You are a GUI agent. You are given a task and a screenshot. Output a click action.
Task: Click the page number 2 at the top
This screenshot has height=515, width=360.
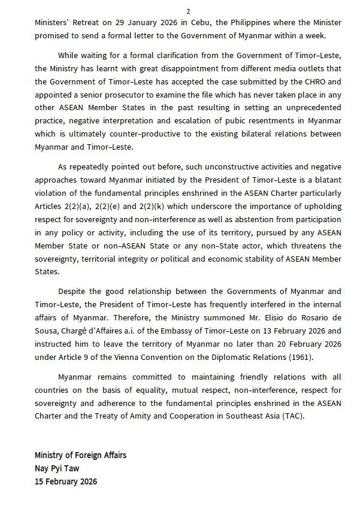[x=188, y=11]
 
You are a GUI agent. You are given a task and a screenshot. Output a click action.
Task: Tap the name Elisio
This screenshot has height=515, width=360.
[x=267, y=317]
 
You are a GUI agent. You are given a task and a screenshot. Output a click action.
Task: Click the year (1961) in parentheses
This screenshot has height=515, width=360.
[x=301, y=357]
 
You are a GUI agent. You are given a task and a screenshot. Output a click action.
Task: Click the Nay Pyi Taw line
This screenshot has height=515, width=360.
[x=57, y=468]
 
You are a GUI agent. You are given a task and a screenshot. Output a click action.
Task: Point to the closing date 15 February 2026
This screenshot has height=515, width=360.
[x=66, y=481]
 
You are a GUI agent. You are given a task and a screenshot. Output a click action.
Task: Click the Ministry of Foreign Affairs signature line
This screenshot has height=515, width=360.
[x=80, y=455]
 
